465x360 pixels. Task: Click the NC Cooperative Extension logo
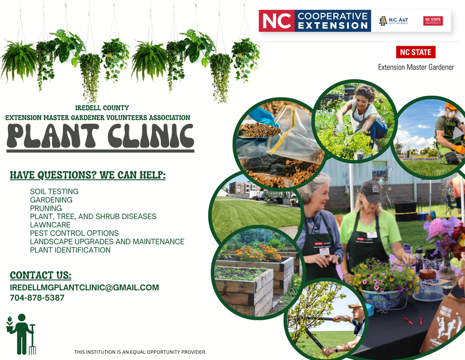(315, 21)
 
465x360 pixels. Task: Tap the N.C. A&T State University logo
(395, 21)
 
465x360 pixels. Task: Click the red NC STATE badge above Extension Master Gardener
(416, 52)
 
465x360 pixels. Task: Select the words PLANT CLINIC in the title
(101, 136)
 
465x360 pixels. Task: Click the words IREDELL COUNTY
(102, 108)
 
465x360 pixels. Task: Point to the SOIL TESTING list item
(54, 191)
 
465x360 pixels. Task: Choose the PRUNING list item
(46, 208)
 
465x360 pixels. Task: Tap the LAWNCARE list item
(50, 225)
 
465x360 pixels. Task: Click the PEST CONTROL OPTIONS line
(74, 233)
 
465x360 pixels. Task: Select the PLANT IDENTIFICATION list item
(70, 250)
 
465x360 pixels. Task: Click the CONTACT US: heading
(41, 275)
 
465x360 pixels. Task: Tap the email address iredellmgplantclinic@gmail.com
(84, 287)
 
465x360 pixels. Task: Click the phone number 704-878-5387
(37, 298)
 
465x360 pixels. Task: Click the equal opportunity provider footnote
(140, 352)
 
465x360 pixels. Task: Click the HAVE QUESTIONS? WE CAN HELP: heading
(87, 175)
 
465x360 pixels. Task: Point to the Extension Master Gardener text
(416, 67)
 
